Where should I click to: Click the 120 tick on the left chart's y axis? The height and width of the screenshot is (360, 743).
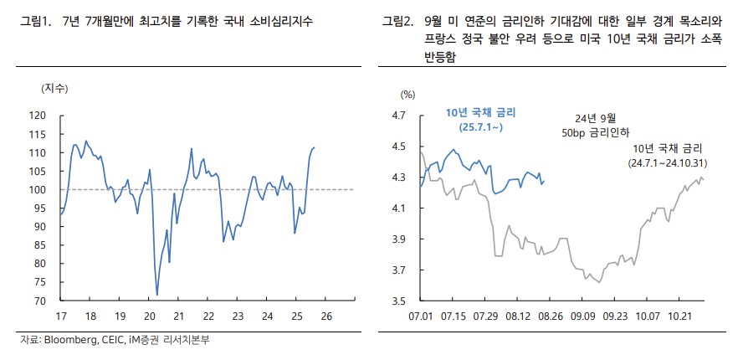(x=39, y=116)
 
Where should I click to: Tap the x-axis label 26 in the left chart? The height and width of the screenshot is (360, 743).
(x=326, y=316)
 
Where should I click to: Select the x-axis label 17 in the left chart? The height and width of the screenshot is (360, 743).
(x=60, y=316)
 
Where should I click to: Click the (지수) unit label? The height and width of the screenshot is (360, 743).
(x=54, y=88)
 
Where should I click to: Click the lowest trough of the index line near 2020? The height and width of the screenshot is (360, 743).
(x=157, y=295)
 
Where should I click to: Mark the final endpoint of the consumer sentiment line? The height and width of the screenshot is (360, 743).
(x=315, y=147)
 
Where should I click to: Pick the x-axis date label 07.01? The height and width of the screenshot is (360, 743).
(x=421, y=316)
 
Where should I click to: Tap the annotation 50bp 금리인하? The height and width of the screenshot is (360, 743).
(x=596, y=132)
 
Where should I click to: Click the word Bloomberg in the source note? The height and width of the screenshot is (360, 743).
(x=68, y=340)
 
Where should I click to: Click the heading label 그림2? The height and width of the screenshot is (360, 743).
(x=398, y=19)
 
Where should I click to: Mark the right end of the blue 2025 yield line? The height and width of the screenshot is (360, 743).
(x=545, y=180)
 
